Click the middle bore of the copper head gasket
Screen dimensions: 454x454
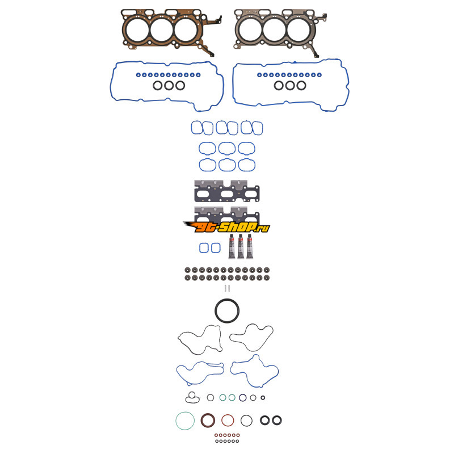(x=161, y=30)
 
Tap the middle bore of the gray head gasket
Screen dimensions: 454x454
(x=274, y=30)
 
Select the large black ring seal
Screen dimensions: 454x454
(x=227, y=311)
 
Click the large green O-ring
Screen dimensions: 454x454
(x=185, y=421)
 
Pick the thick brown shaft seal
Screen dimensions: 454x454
(x=208, y=421)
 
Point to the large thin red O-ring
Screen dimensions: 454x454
(x=227, y=421)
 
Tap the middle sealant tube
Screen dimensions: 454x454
(x=241, y=246)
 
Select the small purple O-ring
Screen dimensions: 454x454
(x=243, y=398)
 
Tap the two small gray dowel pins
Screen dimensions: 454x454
(x=227, y=288)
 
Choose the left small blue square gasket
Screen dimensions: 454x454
(x=204, y=248)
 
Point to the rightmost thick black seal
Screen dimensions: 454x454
(x=277, y=421)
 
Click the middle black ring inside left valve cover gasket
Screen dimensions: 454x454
(x=169, y=86)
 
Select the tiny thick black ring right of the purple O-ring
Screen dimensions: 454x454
(x=263, y=398)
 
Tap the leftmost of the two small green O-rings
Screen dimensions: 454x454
(x=222, y=398)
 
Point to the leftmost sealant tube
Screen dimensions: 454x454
(x=232, y=246)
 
